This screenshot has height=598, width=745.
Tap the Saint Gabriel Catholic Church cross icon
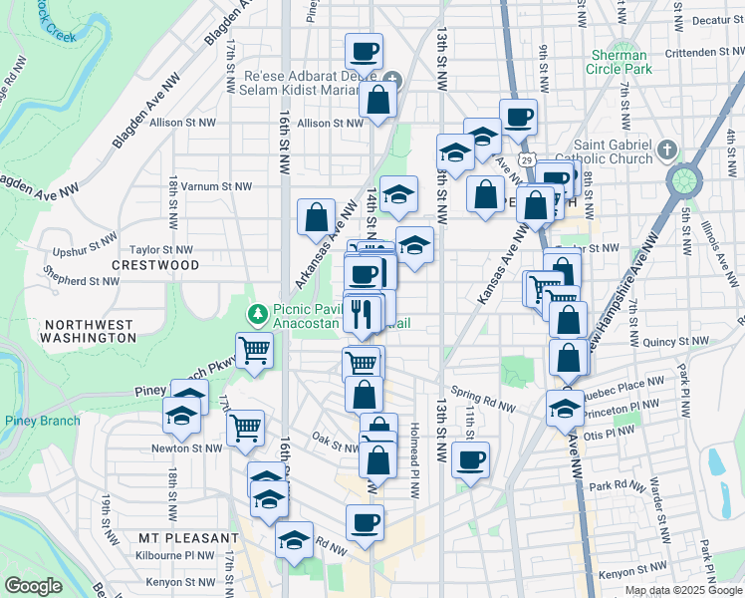click(x=667, y=149)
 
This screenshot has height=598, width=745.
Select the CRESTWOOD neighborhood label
click(x=155, y=265)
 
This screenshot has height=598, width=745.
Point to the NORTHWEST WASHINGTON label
click(x=89, y=331)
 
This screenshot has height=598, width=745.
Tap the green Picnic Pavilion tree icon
click(x=258, y=314)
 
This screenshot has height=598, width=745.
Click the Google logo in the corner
click(x=33, y=586)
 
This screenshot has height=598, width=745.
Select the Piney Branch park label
click(x=42, y=421)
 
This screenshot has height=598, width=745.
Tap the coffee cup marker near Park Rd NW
click(x=471, y=459)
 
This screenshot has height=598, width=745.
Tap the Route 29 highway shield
click(x=527, y=158)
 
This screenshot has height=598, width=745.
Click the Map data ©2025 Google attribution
click(x=681, y=590)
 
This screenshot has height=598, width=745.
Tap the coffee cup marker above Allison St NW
click(x=365, y=50)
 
